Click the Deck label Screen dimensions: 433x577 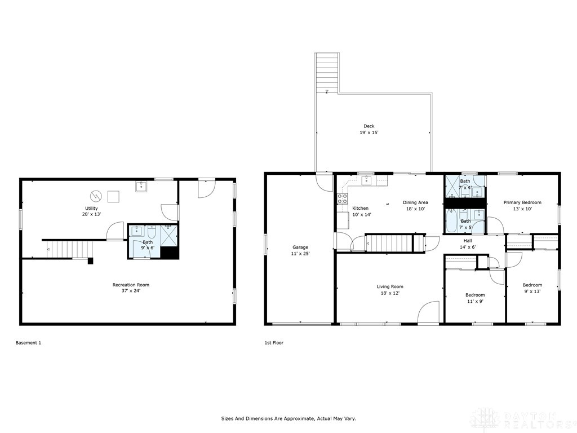[x=369, y=126]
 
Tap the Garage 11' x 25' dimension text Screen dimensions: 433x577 [x=300, y=254]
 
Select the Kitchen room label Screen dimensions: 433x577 [x=360, y=208]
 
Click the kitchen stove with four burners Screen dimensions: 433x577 [x=342, y=198]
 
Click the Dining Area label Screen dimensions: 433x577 [x=415, y=202]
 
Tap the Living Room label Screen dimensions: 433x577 [x=390, y=286]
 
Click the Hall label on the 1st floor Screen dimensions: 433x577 [x=467, y=241]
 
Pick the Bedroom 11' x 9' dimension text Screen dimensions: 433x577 [x=474, y=302]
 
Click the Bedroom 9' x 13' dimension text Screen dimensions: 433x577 [x=532, y=291]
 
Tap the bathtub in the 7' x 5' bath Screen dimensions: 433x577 [x=452, y=221]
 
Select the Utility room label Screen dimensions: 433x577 [x=91, y=208]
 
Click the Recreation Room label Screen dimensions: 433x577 [x=131, y=285]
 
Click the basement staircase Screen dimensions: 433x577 [x=68, y=248]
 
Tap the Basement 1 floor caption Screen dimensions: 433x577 [x=28, y=343]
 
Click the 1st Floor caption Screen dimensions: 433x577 [x=274, y=343]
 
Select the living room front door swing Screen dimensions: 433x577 [x=429, y=312]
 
